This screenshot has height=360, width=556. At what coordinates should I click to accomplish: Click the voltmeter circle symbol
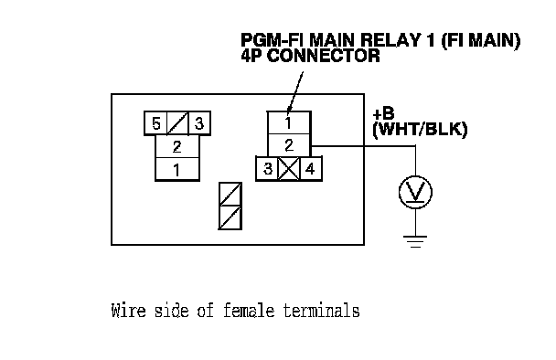click(x=415, y=193)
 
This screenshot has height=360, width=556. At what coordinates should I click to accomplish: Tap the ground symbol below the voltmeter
click(x=415, y=241)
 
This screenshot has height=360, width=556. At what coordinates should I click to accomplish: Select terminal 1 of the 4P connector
click(x=289, y=123)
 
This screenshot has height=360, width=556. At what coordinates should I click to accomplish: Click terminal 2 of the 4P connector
click(x=289, y=145)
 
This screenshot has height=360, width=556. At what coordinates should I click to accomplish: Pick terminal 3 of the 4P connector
click(x=267, y=169)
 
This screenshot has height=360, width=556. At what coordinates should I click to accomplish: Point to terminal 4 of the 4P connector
click(x=311, y=169)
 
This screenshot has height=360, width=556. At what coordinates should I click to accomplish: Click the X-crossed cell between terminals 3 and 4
click(x=289, y=169)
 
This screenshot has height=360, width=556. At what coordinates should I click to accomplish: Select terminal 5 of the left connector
click(x=155, y=123)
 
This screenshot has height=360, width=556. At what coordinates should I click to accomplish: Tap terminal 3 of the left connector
click(x=199, y=123)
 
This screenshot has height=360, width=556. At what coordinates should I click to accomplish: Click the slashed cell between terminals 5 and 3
click(x=177, y=123)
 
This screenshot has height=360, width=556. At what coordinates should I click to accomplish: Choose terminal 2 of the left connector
click(x=177, y=146)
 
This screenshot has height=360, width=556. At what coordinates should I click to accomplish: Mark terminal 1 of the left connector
click(x=177, y=169)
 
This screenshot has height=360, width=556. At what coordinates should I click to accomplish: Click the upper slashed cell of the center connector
click(x=230, y=195)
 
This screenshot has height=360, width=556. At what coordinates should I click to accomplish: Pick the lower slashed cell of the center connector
click(x=230, y=217)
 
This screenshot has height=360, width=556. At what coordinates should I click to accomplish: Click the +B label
click(x=383, y=114)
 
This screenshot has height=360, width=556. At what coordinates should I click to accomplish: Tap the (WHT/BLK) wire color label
click(x=420, y=130)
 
